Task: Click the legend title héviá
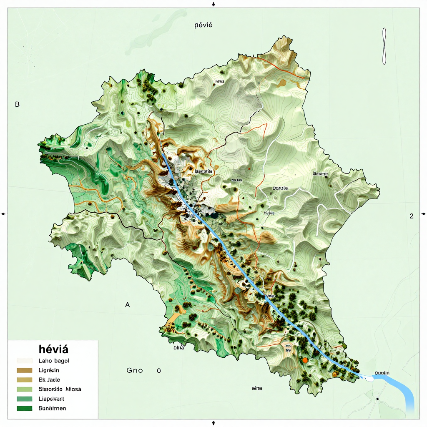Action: pyautogui.click(x=53, y=349)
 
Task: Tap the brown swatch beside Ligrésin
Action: pyautogui.click(x=25, y=370)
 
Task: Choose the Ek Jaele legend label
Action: pyautogui.click(x=49, y=379)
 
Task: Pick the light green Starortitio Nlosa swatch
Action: pyautogui.click(x=25, y=389)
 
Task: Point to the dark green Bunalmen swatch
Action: pyautogui.click(x=25, y=408)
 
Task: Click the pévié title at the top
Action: pyautogui.click(x=203, y=25)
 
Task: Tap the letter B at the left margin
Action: pyautogui.click(x=17, y=104)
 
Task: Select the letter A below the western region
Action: pyautogui.click(x=128, y=305)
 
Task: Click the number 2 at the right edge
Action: pyautogui.click(x=411, y=216)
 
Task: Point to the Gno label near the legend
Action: pyautogui.click(x=134, y=370)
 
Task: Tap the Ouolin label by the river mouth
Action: pyautogui.click(x=382, y=372)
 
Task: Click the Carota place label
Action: pyautogui.click(x=280, y=188)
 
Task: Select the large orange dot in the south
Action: pyautogui.click(x=305, y=360)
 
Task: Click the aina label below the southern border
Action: pyautogui.click(x=257, y=388)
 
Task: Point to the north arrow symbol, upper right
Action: pyautogui.click(x=384, y=46)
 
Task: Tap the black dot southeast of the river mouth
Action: pyautogui.click(x=377, y=399)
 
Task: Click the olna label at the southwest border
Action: pyautogui.click(x=178, y=347)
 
